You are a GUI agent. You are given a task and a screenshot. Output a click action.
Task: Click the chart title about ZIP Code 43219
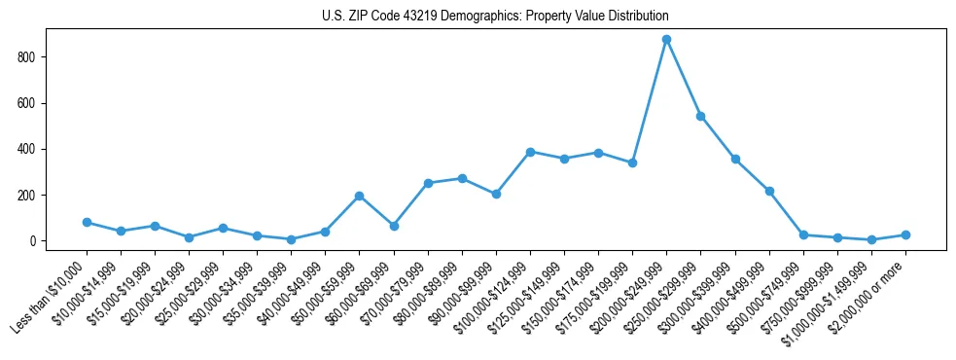click(x=495, y=17)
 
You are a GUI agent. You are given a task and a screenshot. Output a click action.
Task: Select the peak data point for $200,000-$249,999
click(x=666, y=40)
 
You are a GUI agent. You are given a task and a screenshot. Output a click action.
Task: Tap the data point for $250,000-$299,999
click(x=700, y=116)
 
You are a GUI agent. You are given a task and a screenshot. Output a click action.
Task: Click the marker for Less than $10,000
click(x=87, y=223)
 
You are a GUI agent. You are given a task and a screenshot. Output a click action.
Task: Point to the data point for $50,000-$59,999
click(x=359, y=196)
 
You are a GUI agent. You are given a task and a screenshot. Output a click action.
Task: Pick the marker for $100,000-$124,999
click(x=530, y=152)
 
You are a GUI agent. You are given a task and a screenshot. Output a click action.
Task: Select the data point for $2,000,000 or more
click(x=905, y=234)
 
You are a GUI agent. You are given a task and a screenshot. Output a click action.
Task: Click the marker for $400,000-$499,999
click(x=769, y=191)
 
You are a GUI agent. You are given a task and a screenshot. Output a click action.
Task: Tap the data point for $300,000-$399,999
click(x=735, y=159)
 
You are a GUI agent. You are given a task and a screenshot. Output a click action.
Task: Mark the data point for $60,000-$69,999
click(x=394, y=226)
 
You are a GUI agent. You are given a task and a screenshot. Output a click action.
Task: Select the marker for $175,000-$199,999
click(x=632, y=162)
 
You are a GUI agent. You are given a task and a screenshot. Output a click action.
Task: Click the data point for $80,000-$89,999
click(x=462, y=178)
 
